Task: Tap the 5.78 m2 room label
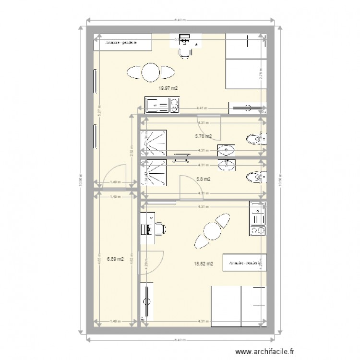(x=203, y=136)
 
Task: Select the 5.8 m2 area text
(x=204, y=179)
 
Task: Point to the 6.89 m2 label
(x=115, y=259)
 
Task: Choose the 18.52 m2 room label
(x=204, y=263)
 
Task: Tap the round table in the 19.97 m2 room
(x=150, y=72)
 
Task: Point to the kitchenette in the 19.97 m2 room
(x=162, y=105)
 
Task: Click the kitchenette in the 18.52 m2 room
(x=258, y=219)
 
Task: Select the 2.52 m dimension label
(x=131, y=151)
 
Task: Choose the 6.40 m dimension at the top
(x=180, y=20)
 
